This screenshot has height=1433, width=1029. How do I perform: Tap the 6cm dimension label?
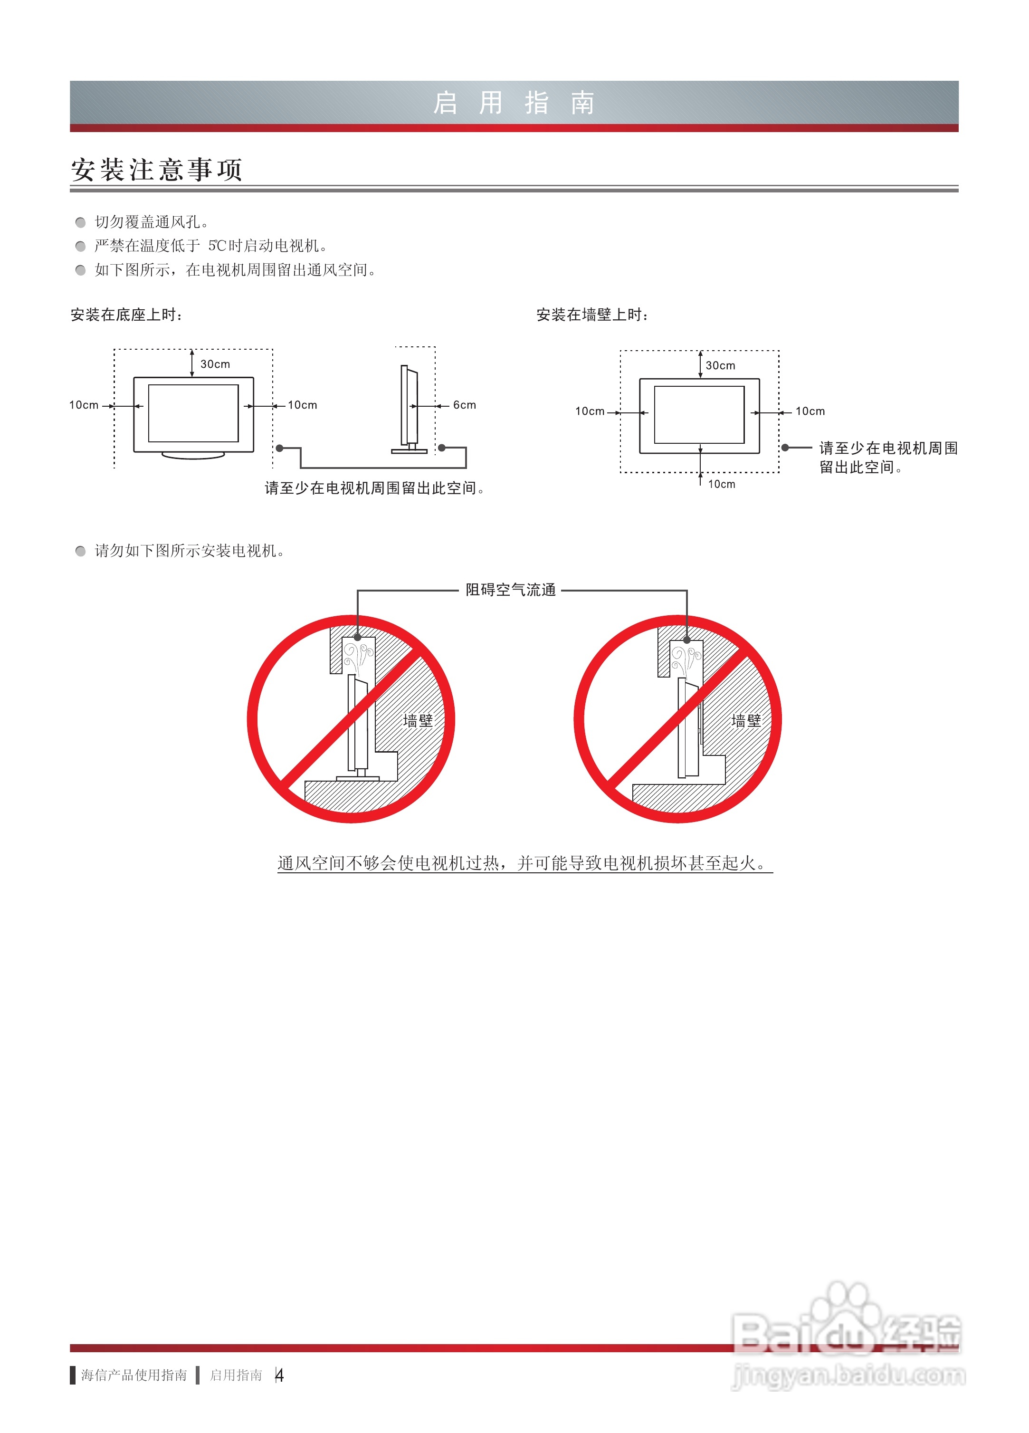pyautogui.click(x=464, y=405)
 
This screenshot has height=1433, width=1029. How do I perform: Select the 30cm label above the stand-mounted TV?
pyautogui.click(x=215, y=364)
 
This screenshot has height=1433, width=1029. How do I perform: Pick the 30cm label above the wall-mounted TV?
pyautogui.click(x=720, y=365)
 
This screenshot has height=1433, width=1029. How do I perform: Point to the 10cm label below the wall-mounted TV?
pyautogui.click(x=721, y=484)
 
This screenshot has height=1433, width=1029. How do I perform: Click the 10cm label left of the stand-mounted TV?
pyautogui.click(x=84, y=405)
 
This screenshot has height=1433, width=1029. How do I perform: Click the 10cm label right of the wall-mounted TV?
pyautogui.click(x=810, y=411)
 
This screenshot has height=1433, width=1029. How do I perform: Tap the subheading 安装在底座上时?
pyautogui.click(x=126, y=315)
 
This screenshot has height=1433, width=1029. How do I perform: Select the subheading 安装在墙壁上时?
pyautogui.click(x=592, y=315)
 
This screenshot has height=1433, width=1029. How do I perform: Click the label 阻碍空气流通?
pyautogui.click(x=510, y=590)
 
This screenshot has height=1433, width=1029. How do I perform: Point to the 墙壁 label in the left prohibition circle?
pyautogui.click(x=418, y=720)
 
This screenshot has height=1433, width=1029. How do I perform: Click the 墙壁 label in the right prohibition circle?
pyautogui.click(x=746, y=720)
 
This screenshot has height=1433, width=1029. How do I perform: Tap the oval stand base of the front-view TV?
pyautogui.click(x=193, y=455)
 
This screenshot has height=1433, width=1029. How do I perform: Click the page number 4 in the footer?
pyautogui.click(x=279, y=1375)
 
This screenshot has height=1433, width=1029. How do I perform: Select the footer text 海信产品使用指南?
pyautogui.click(x=134, y=1375)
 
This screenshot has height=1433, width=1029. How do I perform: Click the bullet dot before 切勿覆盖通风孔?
pyautogui.click(x=80, y=222)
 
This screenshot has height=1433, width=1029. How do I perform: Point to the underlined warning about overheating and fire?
pyautogui.click(x=524, y=863)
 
